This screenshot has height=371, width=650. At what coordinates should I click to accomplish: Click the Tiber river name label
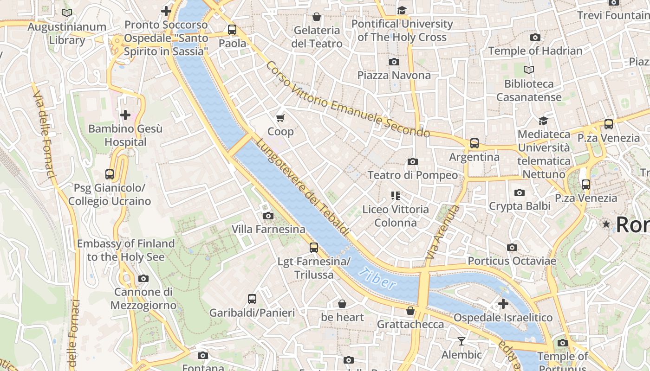(377, 279)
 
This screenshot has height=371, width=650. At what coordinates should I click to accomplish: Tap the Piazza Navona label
(394, 75)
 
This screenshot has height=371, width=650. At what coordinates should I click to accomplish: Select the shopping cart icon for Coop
(280, 118)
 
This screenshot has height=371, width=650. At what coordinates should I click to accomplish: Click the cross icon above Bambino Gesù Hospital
(125, 115)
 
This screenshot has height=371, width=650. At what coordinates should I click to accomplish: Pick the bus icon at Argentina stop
(474, 143)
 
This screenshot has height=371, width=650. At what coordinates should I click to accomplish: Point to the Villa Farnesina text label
(268, 229)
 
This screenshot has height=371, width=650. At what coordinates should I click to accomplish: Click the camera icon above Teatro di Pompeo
(412, 161)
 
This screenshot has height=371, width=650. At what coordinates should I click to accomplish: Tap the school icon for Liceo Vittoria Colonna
(396, 196)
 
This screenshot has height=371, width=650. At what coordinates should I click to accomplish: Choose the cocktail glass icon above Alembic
(461, 341)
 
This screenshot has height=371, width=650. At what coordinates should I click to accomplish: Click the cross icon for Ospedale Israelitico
(503, 304)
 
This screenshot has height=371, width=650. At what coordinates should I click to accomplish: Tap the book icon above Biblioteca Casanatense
(529, 70)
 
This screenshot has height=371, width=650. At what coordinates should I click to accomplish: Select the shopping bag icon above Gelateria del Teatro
(317, 17)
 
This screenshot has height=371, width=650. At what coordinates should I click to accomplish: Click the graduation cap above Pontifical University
(402, 10)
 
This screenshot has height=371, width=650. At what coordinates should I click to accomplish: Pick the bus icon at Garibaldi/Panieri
(252, 299)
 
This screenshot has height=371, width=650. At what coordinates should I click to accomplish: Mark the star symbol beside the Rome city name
(606, 224)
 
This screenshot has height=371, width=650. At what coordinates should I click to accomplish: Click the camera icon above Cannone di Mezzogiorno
(143, 278)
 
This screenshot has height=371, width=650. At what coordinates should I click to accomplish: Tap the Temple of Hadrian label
(535, 51)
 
